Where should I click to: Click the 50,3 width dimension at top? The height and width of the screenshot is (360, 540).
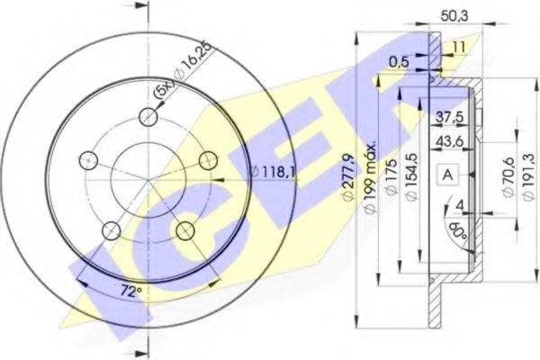[x=454, y=16]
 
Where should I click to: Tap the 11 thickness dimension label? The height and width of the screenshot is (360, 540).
[x=459, y=47]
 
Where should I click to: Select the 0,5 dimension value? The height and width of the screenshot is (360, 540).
[x=399, y=62]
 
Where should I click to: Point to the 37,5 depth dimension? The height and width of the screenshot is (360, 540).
[x=450, y=117]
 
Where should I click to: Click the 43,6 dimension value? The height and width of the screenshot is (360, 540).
[x=450, y=141]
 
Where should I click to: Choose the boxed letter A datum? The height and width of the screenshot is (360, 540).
[x=448, y=175]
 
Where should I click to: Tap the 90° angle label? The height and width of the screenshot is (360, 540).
[x=458, y=231]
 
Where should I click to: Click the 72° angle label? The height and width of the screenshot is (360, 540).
[x=131, y=291]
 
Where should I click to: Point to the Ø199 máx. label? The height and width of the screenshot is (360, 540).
[x=370, y=176]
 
